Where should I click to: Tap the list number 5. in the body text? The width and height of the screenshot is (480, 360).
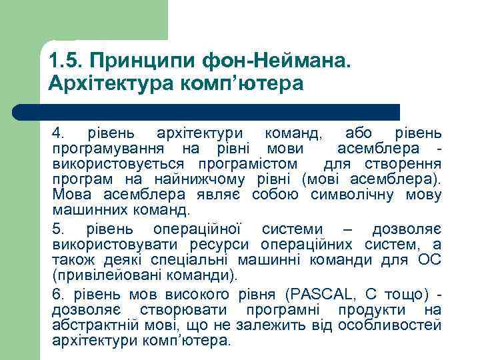point(57,229)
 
